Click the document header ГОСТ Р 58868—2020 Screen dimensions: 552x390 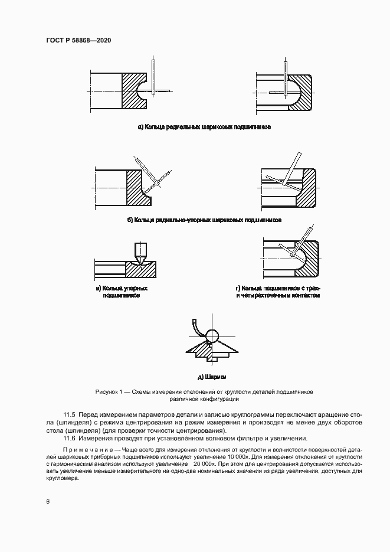[78, 41]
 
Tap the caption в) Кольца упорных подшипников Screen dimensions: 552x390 [121, 292]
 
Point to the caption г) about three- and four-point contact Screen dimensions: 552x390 [277, 292]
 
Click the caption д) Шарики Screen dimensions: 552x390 [212, 376]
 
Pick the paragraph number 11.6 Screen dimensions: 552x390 [70, 438]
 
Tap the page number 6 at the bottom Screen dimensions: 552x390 [47, 501]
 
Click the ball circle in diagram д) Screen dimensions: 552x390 [212, 336]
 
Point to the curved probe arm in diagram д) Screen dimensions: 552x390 [196, 326]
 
